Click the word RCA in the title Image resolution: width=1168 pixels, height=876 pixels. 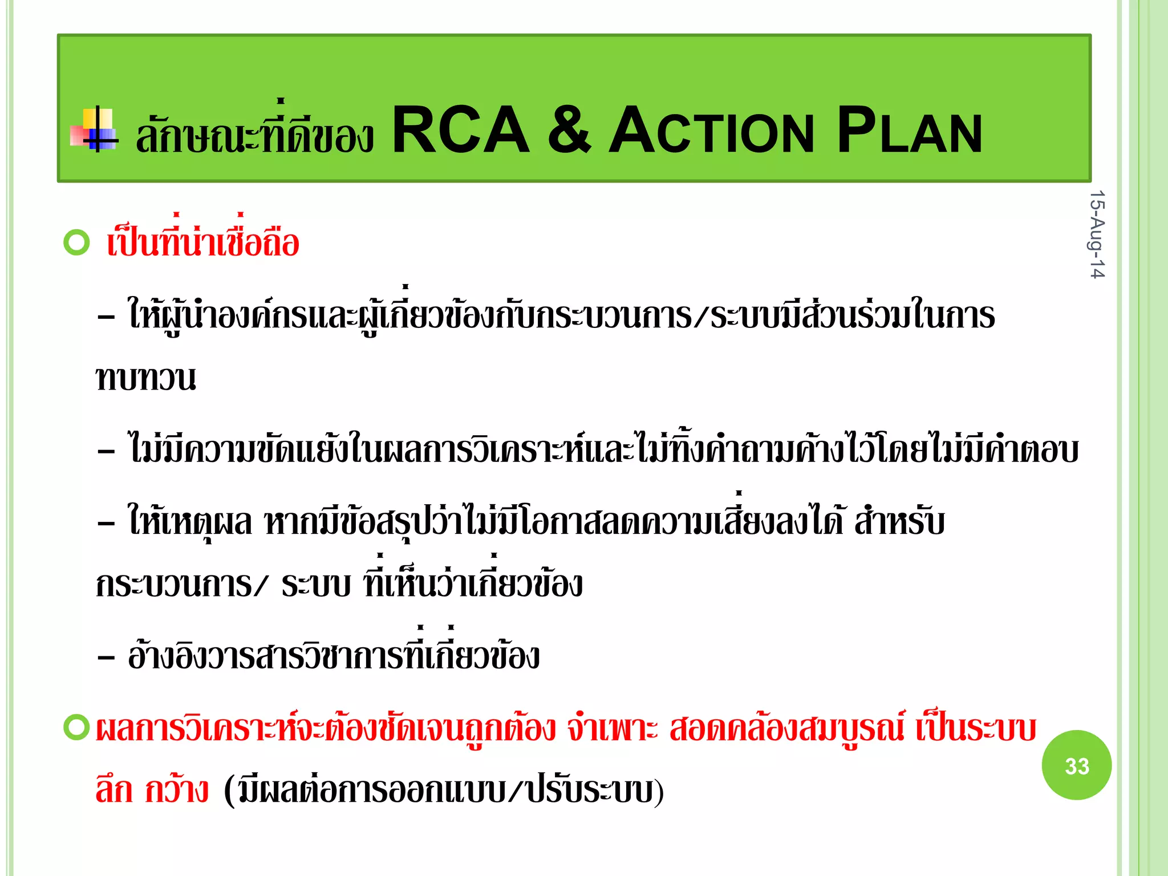(461, 130)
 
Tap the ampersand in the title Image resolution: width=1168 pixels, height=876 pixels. (569, 130)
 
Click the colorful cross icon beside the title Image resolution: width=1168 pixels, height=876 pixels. (95, 130)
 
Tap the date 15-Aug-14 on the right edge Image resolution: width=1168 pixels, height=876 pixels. (1097, 234)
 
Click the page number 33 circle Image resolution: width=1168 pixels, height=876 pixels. (1076, 765)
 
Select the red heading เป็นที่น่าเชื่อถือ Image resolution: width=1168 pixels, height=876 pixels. (202, 242)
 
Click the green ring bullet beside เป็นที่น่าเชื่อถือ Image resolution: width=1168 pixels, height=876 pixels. (76, 242)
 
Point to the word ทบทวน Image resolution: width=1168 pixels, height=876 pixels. (146, 378)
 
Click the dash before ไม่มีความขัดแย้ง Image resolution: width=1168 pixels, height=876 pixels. (106, 451)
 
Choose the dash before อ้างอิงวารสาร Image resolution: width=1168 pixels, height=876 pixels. (106, 658)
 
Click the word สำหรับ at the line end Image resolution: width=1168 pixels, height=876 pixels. (899, 521)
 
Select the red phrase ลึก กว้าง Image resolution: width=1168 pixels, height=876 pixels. (152, 791)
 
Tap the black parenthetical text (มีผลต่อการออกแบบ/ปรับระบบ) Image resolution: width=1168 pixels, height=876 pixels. (444, 791)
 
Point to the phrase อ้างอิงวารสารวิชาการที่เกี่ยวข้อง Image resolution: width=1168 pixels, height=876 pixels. (334, 656)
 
